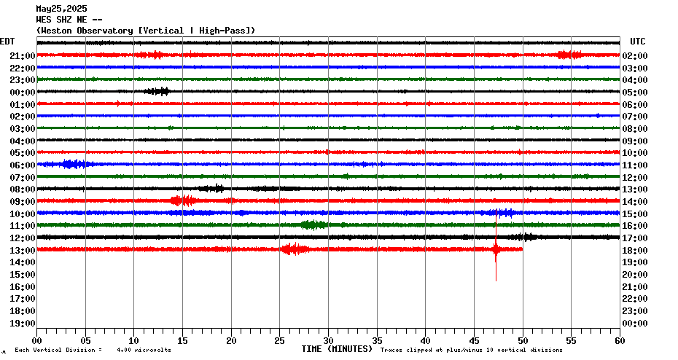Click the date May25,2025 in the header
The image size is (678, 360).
tap(61, 9)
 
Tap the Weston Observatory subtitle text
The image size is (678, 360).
tap(146, 30)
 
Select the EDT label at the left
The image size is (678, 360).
tap(7, 42)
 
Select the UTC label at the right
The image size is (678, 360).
tap(637, 42)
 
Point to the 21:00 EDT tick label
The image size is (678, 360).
tap(23, 56)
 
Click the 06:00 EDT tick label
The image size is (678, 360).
tap(23, 165)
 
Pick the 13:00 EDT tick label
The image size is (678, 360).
tap(23, 250)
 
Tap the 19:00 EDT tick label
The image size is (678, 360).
tap(23, 323)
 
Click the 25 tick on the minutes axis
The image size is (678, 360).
tap(279, 340)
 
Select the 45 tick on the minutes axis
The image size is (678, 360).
tap(474, 340)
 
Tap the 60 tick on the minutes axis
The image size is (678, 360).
tap(620, 340)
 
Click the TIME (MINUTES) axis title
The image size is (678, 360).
tap(337, 349)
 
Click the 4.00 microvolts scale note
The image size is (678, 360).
tap(149, 351)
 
